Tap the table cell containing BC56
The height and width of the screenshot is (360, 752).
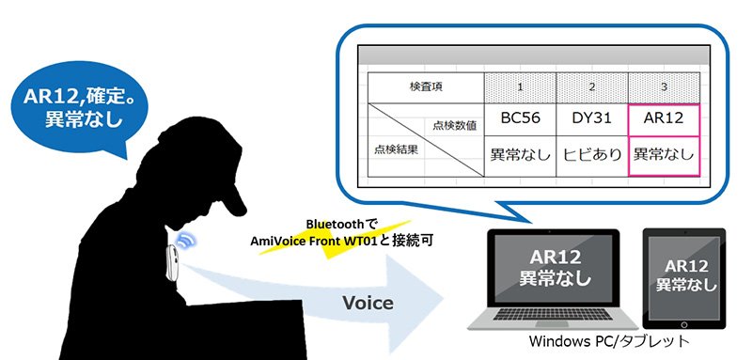click(520, 119)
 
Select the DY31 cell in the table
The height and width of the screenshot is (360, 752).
click(592, 119)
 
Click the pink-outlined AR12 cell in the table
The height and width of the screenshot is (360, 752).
click(664, 119)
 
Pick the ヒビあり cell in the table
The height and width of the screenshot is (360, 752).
click(592, 156)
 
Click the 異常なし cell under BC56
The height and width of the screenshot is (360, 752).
click(520, 156)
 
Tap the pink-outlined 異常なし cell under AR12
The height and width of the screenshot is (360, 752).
click(664, 156)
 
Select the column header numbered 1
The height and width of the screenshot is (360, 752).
click(520, 87)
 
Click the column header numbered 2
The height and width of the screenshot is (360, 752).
click(592, 87)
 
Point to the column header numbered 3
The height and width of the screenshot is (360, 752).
click(664, 87)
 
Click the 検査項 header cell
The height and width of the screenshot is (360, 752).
click(426, 87)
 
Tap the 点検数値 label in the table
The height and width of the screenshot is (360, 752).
click(455, 126)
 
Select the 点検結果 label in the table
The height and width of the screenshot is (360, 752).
click(396, 149)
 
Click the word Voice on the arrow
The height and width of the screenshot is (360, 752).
click(368, 303)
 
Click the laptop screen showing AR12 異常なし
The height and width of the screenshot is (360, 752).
click(553, 268)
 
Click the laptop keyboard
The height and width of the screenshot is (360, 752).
click(554, 315)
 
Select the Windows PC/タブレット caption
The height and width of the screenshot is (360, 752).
click(609, 341)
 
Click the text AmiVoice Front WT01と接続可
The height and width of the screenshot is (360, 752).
click(341, 241)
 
